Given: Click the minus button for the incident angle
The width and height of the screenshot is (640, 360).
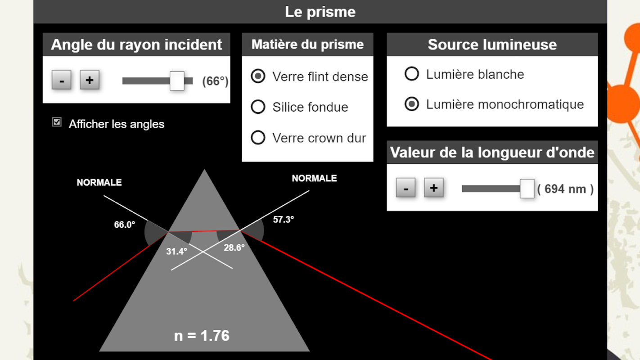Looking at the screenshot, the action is pos(61,80).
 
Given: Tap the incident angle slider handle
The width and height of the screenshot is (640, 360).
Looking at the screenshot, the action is pos(177,81).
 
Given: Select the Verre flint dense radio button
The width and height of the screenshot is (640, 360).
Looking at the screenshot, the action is pos(258,76).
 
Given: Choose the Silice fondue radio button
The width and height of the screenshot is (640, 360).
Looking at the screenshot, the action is pos(258,107).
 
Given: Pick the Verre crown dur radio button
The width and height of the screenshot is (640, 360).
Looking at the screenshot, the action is pos(258,137).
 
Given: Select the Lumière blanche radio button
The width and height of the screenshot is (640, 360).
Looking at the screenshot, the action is pos(412,74).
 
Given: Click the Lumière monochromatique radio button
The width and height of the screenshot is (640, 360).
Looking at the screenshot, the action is pos(412,103).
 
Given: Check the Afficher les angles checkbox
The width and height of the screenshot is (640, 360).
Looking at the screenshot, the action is pos(57,122).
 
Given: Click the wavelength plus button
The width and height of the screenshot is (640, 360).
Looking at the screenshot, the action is pos(434,188).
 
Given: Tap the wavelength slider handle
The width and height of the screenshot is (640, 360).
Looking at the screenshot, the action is pos(527,189).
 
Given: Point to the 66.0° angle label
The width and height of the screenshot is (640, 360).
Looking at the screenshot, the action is pos(125,225).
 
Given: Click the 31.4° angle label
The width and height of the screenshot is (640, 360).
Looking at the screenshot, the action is pos(176,252).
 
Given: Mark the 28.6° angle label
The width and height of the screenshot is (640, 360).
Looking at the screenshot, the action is pos(234,247).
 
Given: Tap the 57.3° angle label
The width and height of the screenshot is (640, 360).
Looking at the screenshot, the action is pos(284,220).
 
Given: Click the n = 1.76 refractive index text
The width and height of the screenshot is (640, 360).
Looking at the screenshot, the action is pos(202,335).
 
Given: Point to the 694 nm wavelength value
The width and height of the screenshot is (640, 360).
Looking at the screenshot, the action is pos(565,189).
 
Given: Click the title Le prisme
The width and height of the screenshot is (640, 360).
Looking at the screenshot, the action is pos(320,12).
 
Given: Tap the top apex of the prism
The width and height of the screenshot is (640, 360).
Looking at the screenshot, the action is pos(204,170).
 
